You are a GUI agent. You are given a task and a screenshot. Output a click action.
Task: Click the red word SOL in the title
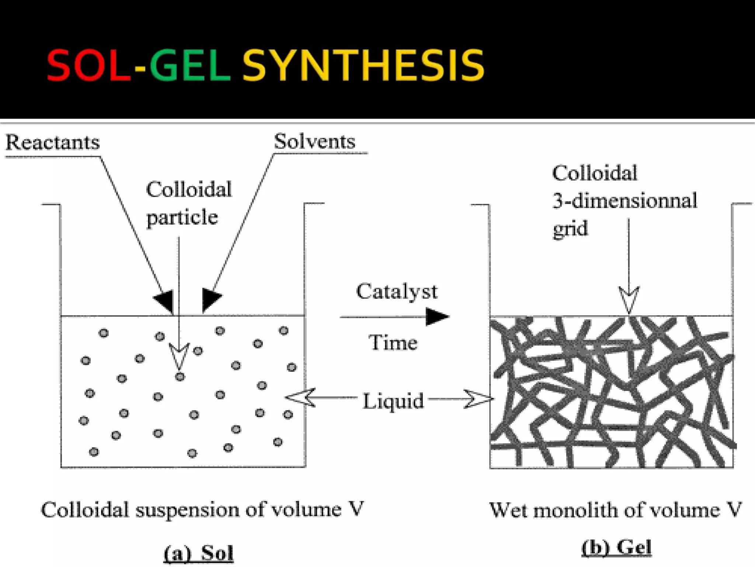[88, 65]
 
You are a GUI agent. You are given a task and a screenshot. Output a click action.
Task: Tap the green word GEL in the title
[190, 65]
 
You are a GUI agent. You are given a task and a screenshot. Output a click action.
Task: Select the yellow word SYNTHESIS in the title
[363, 65]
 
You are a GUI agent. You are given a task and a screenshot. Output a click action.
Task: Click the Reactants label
[53, 142]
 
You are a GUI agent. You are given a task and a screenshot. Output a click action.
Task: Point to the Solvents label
[314, 141]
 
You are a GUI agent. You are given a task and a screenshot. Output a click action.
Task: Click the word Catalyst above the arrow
[396, 291]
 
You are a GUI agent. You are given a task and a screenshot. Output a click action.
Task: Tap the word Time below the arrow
[393, 342]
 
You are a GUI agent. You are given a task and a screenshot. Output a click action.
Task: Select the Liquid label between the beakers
[393, 401]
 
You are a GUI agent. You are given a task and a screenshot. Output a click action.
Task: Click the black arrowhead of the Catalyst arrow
[437, 317]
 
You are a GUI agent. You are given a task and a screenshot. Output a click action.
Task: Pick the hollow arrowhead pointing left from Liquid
[300, 398]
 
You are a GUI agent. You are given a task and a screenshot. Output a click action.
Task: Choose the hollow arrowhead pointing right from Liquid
[479, 399]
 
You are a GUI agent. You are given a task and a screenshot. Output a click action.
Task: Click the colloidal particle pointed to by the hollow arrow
[180, 377]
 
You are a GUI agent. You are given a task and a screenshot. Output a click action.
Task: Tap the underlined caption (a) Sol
[199, 553]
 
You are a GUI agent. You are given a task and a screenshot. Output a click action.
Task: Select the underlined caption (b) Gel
[616, 547]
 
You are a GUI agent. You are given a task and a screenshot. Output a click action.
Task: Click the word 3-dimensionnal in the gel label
[624, 201]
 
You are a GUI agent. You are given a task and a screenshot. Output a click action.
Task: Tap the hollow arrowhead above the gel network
[629, 299]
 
